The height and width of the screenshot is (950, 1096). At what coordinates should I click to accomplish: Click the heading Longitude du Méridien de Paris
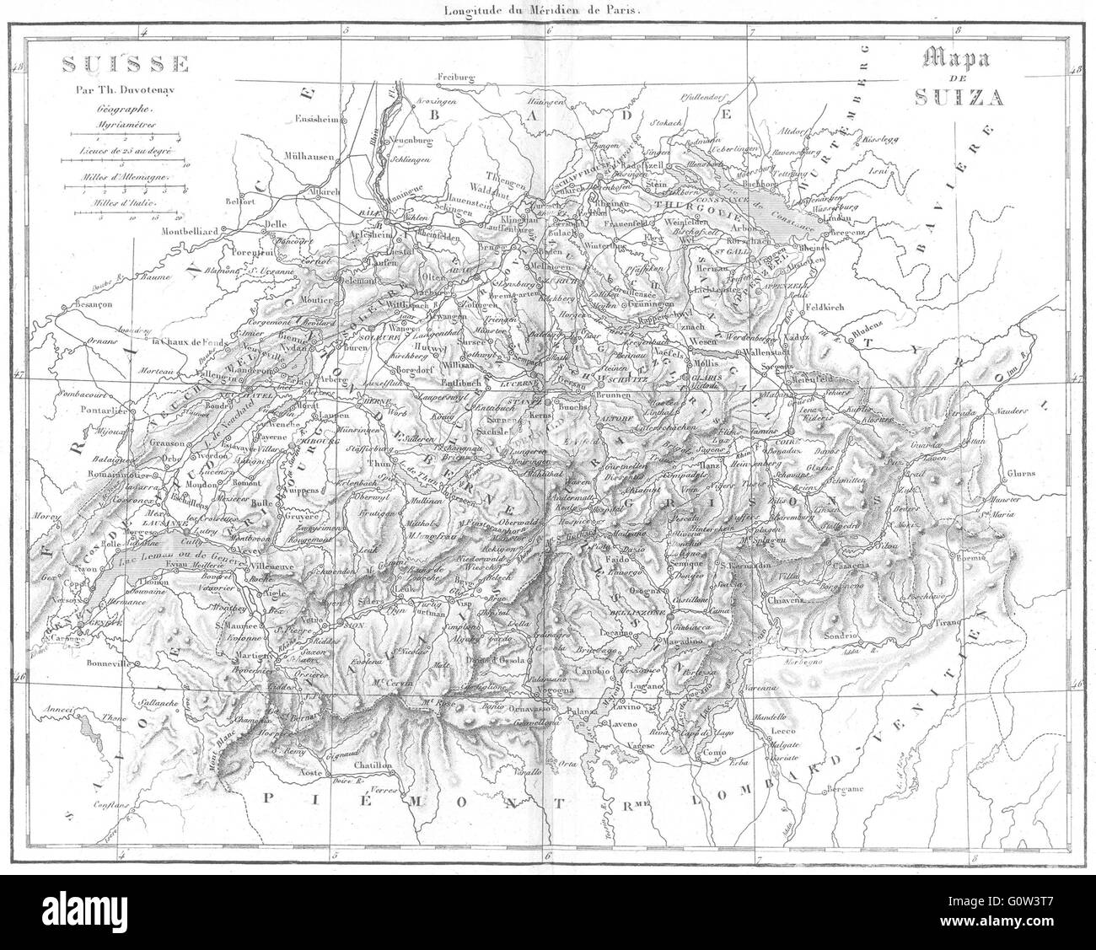(547, 11)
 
